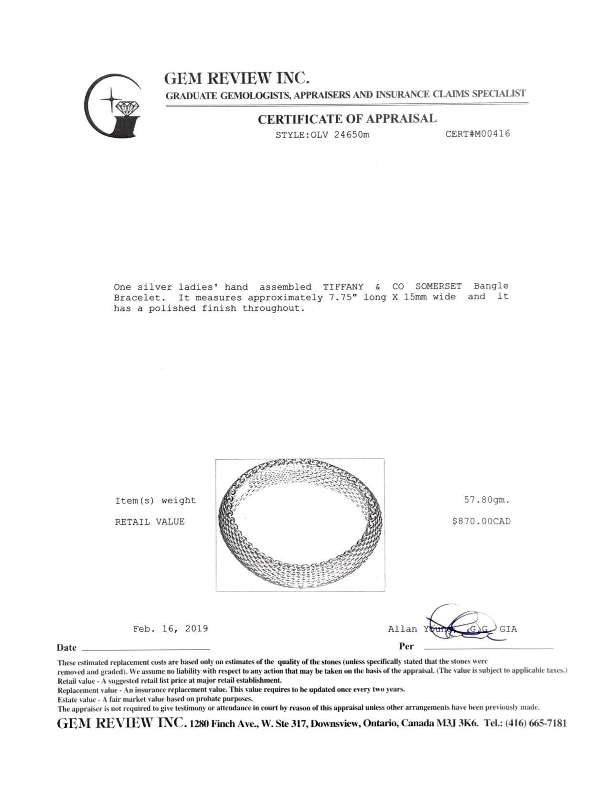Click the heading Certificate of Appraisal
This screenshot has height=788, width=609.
[347, 119]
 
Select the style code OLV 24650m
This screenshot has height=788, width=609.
[340, 135]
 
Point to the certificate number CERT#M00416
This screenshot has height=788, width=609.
[478, 134]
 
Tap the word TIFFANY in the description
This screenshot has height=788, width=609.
[343, 287]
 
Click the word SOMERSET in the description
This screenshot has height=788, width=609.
[438, 287]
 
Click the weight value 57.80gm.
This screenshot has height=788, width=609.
[487, 500]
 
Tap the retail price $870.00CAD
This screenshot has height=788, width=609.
[481, 522]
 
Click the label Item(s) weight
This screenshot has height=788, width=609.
[155, 500]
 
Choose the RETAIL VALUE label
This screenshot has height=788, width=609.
[150, 522]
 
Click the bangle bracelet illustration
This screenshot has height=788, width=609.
[300, 524]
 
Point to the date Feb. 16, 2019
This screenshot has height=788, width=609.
[171, 628]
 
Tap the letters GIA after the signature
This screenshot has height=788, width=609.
[508, 629]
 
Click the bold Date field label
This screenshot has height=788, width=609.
[66, 648]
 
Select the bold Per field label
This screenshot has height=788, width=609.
[406, 647]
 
